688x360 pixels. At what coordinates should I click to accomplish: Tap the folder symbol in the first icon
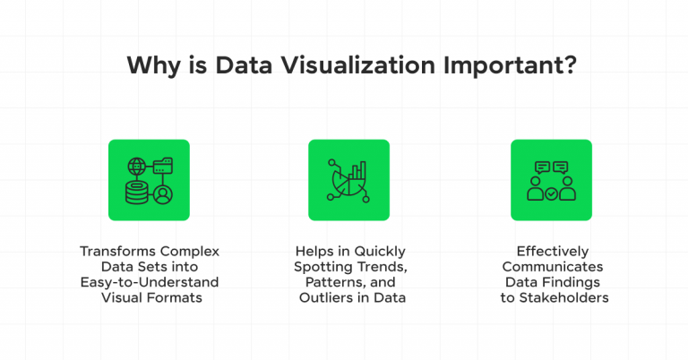164,166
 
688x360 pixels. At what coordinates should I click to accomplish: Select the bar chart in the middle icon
358,168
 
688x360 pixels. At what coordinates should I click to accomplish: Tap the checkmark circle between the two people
551,193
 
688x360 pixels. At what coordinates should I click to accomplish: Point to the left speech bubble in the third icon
540,167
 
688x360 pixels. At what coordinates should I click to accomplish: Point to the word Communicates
551,267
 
